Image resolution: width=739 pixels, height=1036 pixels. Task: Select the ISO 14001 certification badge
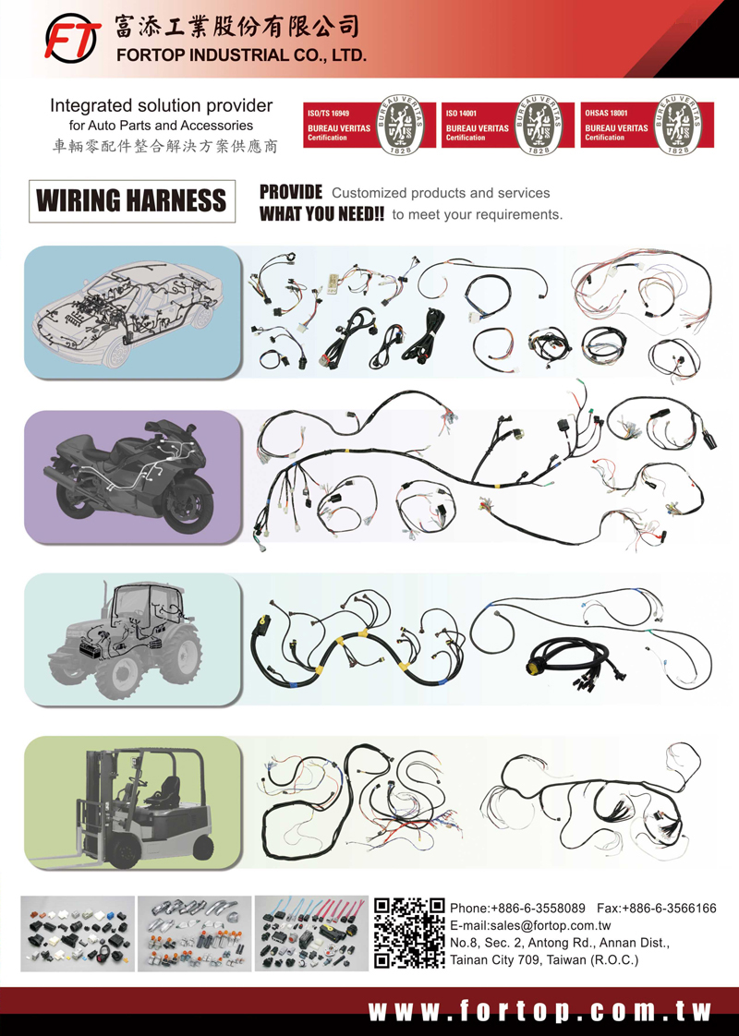[x=507, y=126]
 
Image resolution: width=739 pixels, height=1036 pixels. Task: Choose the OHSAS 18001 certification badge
[x=647, y=126]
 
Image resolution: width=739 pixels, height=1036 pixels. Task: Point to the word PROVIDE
[x=290, y=193]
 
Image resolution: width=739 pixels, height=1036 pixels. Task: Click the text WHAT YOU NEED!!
[x=321, y=214]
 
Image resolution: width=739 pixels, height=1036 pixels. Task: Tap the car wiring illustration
[x=132, y=312]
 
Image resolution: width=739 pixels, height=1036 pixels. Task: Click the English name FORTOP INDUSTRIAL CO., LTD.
[x=241, y=55]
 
